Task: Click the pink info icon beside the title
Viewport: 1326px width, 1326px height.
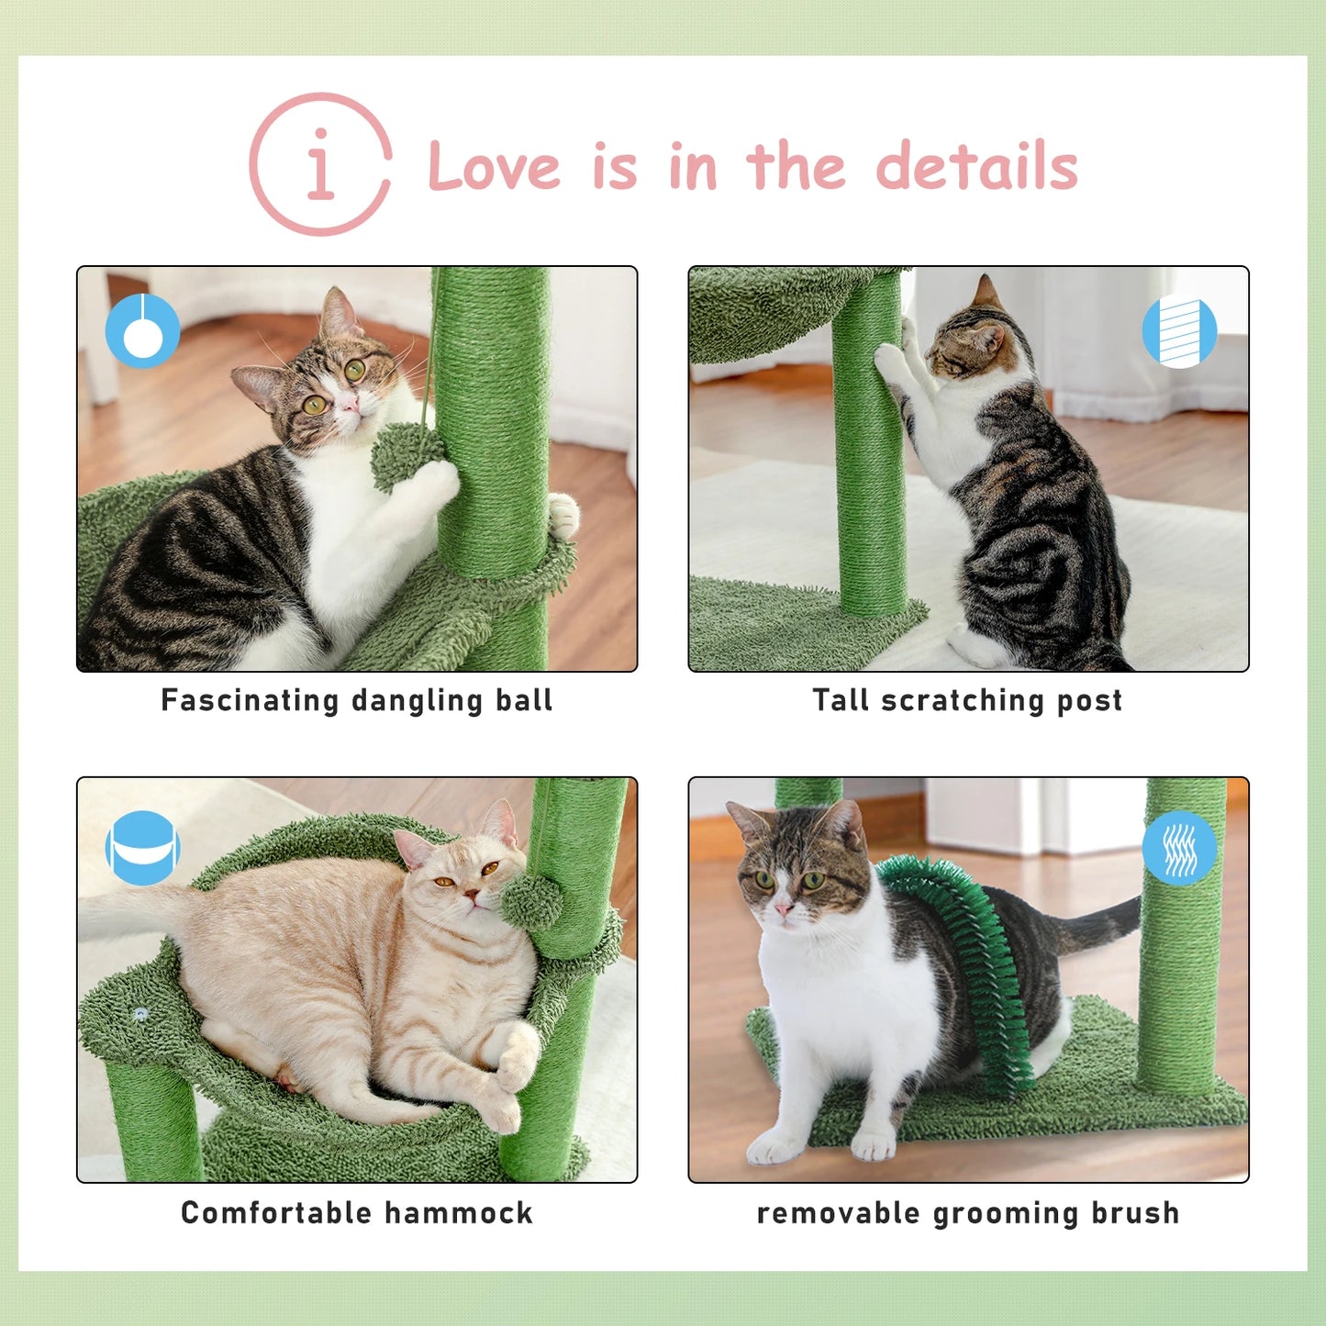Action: point(320,165)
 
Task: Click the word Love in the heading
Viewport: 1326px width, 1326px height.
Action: point(494,167)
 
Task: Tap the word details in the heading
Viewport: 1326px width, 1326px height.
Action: point(976,167)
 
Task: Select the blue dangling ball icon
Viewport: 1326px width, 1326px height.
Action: point(142,330)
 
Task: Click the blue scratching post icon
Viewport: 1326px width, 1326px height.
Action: point(1179,331)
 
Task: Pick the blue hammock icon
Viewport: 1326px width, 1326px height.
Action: point(142,848)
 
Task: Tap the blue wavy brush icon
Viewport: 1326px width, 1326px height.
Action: point(1179,848)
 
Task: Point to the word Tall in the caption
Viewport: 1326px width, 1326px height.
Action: point(841,700)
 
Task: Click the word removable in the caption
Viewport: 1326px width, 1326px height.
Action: point(838,1213)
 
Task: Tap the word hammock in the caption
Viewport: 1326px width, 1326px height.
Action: point(458,1213)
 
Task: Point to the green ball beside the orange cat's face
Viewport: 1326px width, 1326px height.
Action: point(531,900)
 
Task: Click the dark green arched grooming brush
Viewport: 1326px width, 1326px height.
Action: point(973,954)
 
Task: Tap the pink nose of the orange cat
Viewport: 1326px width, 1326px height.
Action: point(470,893)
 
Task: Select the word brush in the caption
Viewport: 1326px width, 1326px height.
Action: point(1135,1213)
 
